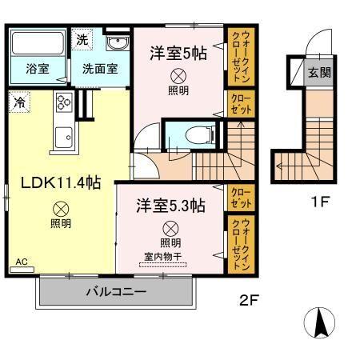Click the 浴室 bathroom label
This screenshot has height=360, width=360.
pyautogui.click(x=38, y=69)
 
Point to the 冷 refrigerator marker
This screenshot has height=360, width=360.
pyautogui.click(x=17, y=102)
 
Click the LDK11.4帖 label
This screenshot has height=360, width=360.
pyautogui.click(x=60, y=183)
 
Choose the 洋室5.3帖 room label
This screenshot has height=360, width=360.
pyautogui.click(x=170, y=206)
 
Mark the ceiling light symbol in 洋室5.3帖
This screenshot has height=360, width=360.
pyautogui.click(x=170, y=228)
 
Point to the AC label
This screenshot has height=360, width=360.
pyautogui.click(x=20, y=262)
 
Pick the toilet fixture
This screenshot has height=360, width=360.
pyautogui.click(x=183, y=136)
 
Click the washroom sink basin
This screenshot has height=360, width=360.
pyautogui.click(x=117, y=44)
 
